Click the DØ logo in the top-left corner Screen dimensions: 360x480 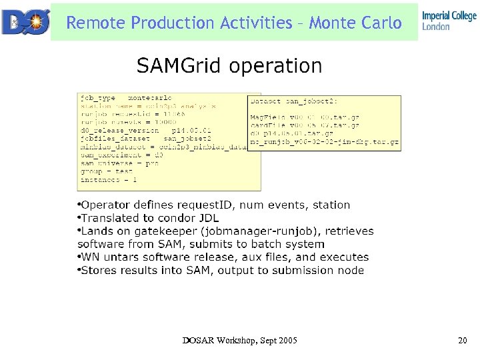pos(25,21)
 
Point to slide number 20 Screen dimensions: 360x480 pos(463,341)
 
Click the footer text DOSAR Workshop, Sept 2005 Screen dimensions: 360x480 pos(240,341)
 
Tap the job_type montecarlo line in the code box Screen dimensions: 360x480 pos(126,98)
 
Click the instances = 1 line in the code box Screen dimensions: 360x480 pos(109,179)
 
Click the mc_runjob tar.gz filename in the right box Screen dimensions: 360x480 pos(324,141)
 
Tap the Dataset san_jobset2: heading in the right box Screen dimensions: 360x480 pos(293,101)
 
